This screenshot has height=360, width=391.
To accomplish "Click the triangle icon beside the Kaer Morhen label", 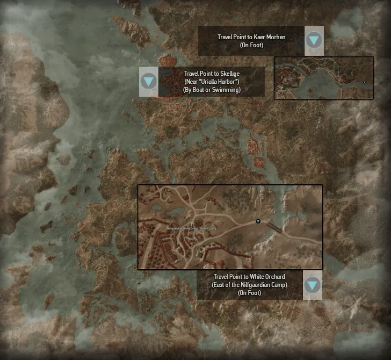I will [314, 40].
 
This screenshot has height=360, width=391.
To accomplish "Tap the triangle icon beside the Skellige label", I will [149, 82].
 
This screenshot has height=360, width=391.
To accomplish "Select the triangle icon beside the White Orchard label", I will [313, 285].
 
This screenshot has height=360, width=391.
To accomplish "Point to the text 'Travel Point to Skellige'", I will [211, 74].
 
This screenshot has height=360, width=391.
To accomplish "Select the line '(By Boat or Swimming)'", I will [211, 90].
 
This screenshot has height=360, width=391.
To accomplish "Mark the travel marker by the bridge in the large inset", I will [258, 221].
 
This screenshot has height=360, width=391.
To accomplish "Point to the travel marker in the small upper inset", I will [365, 82].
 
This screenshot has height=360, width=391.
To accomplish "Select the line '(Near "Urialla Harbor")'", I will [211, 82].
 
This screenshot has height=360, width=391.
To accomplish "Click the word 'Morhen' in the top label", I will [276, 37].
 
